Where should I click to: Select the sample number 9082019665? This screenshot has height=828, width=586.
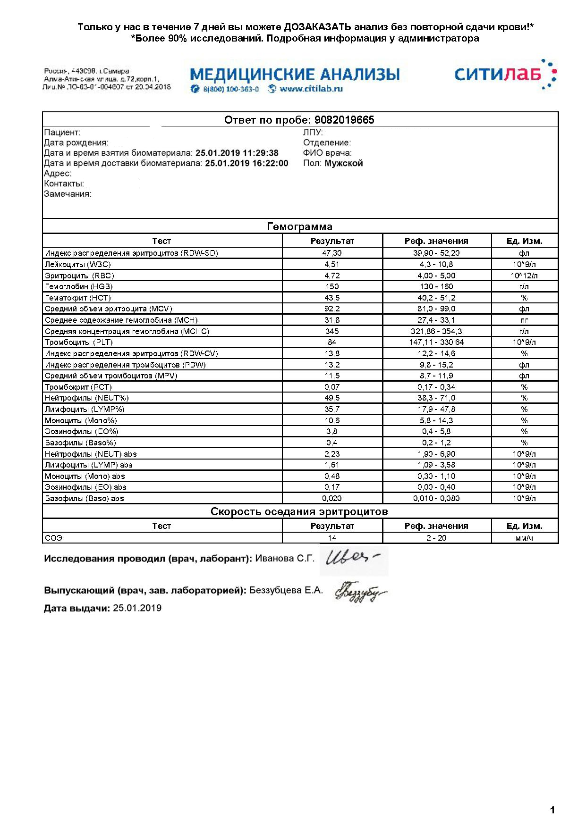(344, 120)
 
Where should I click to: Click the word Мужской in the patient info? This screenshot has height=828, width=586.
(344, 163)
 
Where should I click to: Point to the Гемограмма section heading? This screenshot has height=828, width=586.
(300, 226)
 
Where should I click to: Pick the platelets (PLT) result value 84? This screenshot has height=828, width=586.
(332, 342)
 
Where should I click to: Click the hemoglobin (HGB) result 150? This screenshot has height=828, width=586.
(332, 286)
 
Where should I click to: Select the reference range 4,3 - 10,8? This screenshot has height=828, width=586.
(436, 264)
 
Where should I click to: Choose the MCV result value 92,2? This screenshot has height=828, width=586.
(332, 309)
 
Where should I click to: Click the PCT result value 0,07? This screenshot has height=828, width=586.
(332, 387)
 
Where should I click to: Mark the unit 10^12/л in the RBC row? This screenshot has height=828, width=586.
(524, 276)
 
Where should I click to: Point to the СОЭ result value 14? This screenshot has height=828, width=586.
(332, 538)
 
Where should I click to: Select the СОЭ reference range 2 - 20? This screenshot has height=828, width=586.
(436, 538)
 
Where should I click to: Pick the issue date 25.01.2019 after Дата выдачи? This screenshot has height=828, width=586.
(137, 608)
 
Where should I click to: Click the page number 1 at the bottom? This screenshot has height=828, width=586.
(552, 811)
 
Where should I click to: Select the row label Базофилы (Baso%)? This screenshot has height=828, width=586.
(80, 443)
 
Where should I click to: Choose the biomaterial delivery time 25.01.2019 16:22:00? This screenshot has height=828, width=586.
(246, 163)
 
